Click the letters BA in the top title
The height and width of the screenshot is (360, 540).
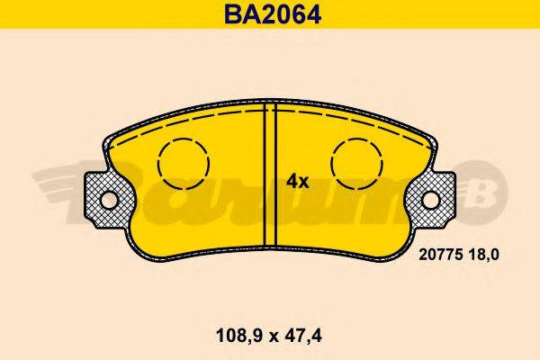click(230, 14)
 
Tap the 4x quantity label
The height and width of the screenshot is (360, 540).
click(297, 181)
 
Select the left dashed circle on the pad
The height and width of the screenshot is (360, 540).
click(183, 164)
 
